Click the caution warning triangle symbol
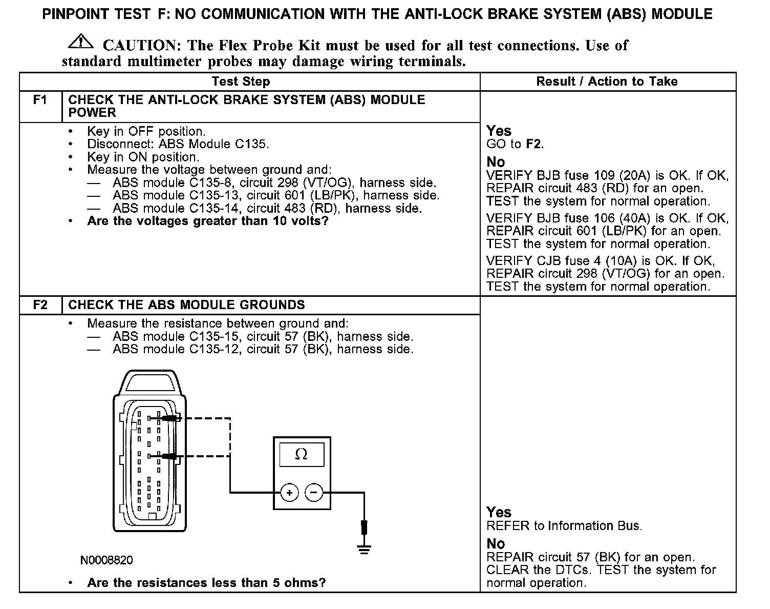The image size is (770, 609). pos(80,42)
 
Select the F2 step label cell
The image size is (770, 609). pos(40,305)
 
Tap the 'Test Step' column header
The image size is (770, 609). pos(241,82)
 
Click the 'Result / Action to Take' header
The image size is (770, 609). pos(607,82)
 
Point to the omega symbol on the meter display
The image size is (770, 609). pos(302,454)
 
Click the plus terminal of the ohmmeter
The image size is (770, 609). pos(289,493)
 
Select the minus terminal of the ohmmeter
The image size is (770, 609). pos(314,493)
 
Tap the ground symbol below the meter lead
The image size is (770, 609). pos(364,550)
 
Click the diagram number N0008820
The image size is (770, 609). pos(106,560)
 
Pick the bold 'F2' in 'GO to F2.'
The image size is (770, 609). pos(533,144)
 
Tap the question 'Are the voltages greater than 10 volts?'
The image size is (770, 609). pos(207,221)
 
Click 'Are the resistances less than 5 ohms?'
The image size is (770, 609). pos(206,583)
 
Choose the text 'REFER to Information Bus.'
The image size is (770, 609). pos(563,526)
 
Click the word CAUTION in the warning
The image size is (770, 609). pos(140,46)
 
